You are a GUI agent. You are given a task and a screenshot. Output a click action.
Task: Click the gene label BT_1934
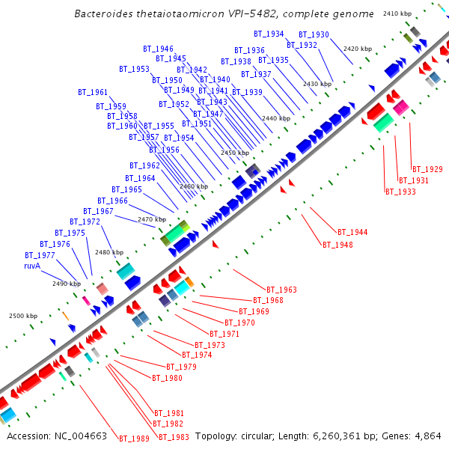269,34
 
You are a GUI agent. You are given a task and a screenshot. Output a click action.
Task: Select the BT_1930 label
314,34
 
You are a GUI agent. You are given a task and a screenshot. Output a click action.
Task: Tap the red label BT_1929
427,169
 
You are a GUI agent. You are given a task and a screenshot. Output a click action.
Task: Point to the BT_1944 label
352,232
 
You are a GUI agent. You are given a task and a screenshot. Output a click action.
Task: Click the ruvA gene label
31,265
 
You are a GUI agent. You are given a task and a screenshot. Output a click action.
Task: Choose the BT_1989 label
134,439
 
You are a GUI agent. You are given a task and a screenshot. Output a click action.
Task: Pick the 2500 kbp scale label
22,316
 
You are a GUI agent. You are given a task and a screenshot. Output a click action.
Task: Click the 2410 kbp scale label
397,13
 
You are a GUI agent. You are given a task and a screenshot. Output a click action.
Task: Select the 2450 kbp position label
234,153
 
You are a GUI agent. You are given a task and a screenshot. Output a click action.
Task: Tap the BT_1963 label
281,289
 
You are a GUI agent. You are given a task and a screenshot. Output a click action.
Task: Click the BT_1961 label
93,92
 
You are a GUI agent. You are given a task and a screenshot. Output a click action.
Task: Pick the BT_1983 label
173,437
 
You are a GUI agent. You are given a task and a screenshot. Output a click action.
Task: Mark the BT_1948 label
337,245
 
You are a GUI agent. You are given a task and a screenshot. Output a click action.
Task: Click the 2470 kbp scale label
151,219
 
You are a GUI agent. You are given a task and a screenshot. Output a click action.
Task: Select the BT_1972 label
85,222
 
